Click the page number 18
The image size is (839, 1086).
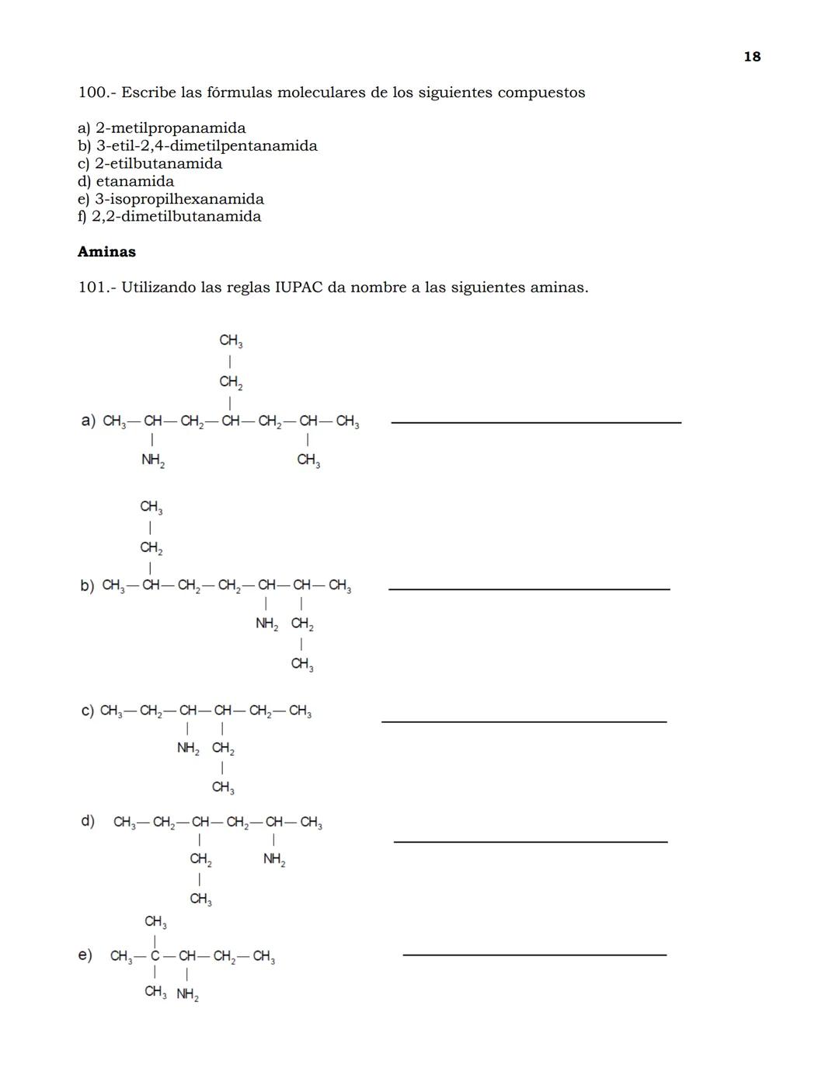(751, 57)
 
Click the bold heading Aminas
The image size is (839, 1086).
(106, 252)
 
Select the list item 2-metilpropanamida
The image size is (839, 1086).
(170, 128)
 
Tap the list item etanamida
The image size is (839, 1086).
(134, 181)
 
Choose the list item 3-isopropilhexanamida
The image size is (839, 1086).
(179, 199)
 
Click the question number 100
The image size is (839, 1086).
(92, 93)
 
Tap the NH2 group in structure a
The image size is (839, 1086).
(152, 460)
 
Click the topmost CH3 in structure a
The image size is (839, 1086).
(231, 340)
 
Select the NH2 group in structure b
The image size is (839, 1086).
(266, 623)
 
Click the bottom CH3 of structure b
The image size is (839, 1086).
(301, 664)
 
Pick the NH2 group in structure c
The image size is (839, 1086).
(188, 748)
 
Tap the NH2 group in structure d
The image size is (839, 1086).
(273, 859)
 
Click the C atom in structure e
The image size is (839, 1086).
(155, 956)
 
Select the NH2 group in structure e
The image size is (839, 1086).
(187, 994)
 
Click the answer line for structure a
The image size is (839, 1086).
(536, 422)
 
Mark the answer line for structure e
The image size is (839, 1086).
(534, 955)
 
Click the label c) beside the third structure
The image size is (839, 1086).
(87, 711)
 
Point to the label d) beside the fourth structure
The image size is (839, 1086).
(88, 821)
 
